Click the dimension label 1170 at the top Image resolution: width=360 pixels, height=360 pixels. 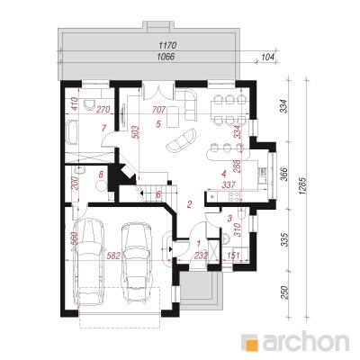(167, 46)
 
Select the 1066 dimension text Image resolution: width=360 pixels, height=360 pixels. (166, 57)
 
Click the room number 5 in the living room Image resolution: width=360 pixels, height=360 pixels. (158, 124)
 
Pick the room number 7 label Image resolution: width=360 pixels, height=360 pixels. (103, 129)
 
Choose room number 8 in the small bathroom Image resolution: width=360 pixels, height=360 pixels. (102, 174)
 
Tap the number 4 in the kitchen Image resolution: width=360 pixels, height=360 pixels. (223, 174)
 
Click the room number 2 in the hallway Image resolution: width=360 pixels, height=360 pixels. (189, 204)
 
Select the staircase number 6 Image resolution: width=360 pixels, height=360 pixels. (158, 194)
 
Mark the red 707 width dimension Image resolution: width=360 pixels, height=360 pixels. (158, 110)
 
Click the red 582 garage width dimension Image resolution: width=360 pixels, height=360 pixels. (113, 256)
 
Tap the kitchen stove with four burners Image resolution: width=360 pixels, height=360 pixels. (234, 196)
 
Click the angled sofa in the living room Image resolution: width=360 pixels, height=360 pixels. (181, 140)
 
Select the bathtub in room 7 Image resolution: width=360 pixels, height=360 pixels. (72, 132)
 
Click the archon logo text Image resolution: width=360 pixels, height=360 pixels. (306, 341)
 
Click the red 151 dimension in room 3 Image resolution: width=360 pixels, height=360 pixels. (234, 256)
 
